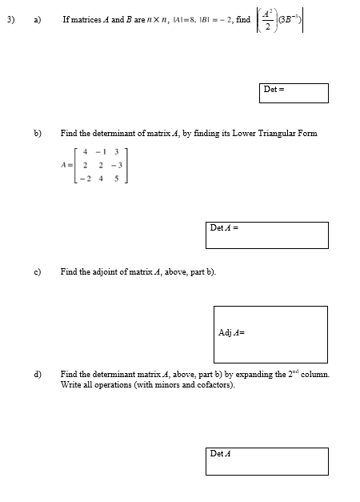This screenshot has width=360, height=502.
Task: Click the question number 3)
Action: point(10,18)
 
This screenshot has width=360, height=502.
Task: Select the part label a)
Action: point(37,18)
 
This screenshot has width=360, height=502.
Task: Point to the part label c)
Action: point(37,271)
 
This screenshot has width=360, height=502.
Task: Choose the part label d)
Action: point(37,374)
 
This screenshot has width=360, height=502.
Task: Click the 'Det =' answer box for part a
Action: point(294,93)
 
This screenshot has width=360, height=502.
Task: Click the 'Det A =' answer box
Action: point(266,235)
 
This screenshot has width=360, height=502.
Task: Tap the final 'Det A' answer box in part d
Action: point(266,460)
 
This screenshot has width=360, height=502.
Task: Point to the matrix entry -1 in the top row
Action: point(98,151)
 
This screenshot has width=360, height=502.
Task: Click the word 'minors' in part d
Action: point(161,384)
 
